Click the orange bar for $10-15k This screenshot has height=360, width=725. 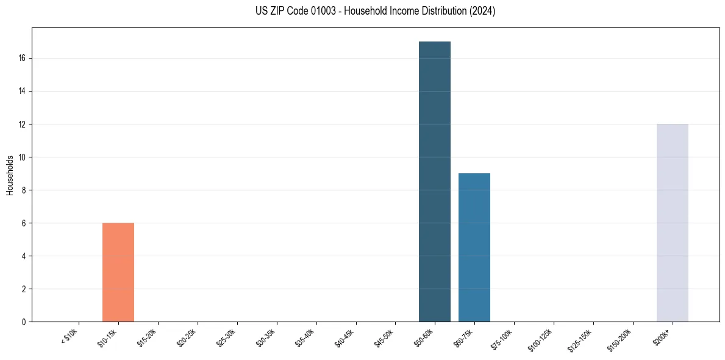pyautogui.click(x=118, y=272)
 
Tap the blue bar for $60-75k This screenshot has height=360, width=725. pyautogui.click(x=474, y=247)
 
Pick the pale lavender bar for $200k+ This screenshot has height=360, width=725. pyautogui.click(x=672, y=223)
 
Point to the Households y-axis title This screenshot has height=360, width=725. pyautogui.click(x=10, y=175)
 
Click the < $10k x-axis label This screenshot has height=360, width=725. pyautogui.click(x=70, y=336)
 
